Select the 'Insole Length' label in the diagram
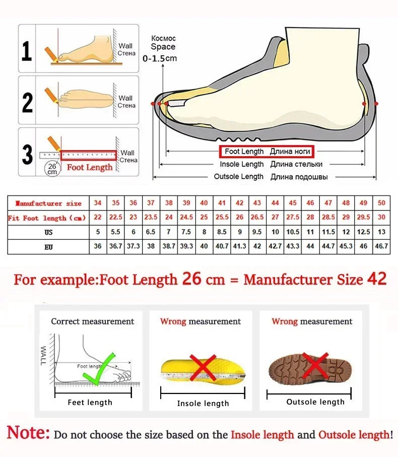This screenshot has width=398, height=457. point(241,164)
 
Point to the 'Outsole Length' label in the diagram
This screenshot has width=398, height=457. point(238,177)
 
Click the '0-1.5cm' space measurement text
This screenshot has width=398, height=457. point(160,58)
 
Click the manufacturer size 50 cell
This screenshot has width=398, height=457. point(381,203)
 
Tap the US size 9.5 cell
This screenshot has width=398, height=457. point(257,233)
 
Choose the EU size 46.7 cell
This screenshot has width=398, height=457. point(381,247)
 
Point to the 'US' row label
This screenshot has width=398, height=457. point(48,233)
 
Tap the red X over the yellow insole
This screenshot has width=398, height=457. point(202,366)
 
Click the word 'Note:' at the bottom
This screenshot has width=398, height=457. point(28,433)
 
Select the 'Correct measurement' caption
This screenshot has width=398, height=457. point(93,321)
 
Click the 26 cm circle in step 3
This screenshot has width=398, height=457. point(52,168)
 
